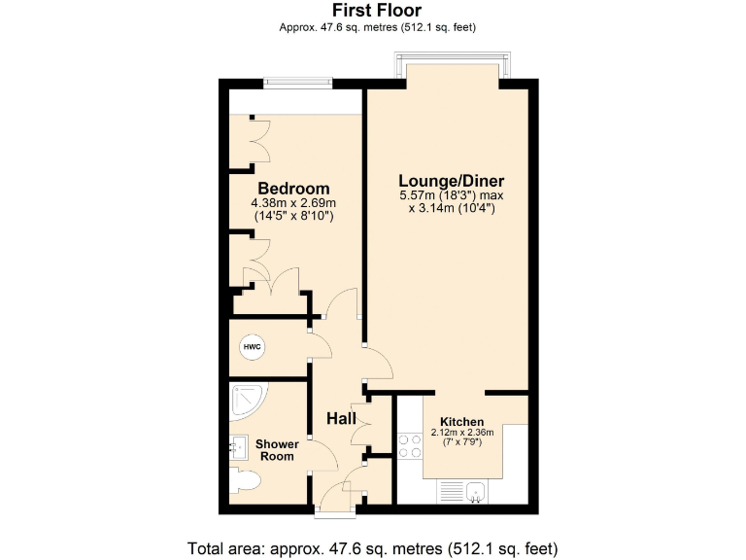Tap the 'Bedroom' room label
point(293,189)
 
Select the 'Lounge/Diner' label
point(452,181)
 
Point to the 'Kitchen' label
point(461,421)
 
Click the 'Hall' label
point(341,418)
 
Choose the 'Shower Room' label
point(277,450)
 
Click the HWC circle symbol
point(251,346)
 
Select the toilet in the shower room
point(247,481)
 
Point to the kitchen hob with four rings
point(410,445)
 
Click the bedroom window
point(294,83)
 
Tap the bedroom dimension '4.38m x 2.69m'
point(293,203)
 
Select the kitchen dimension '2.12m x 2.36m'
point(461,433)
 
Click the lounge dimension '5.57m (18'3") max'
point(452,195)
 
